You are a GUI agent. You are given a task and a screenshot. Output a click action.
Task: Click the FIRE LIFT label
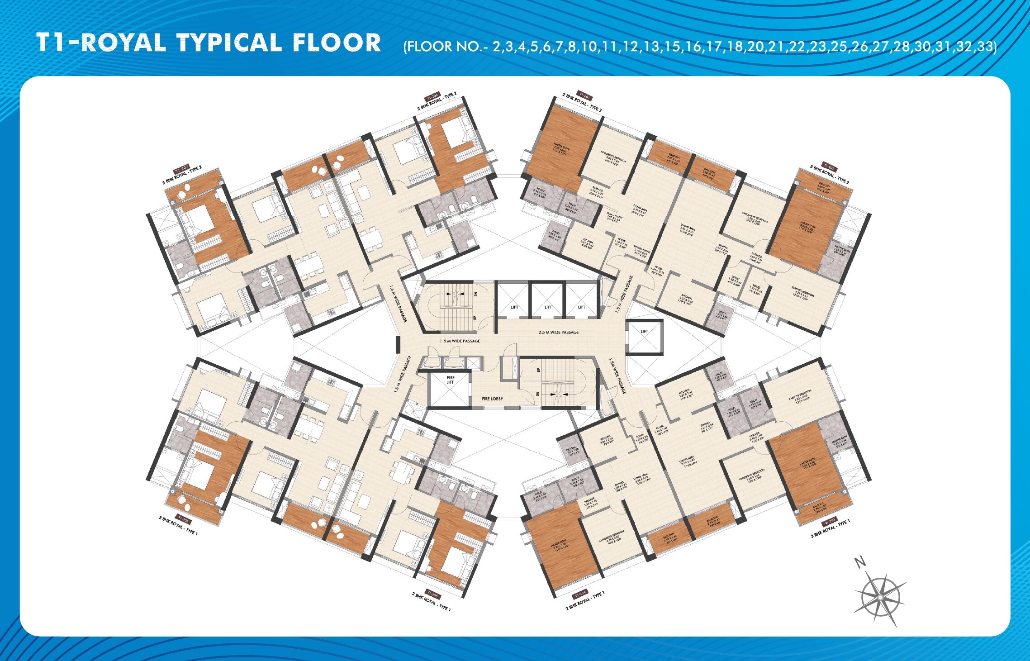point(450,380)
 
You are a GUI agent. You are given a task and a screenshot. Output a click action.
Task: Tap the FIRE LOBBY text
point(492,399)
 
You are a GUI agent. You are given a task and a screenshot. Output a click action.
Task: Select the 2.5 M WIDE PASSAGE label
point(558,332)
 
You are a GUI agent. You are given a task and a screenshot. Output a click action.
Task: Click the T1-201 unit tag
point(584,96)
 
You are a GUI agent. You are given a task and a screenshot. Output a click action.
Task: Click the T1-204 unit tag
point(580,594)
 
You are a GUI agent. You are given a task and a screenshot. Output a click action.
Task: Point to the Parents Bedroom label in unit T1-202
point(802,295)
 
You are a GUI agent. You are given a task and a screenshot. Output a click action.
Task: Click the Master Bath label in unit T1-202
point(842,251)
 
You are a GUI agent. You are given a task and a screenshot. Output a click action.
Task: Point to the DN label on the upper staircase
point(475,294)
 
